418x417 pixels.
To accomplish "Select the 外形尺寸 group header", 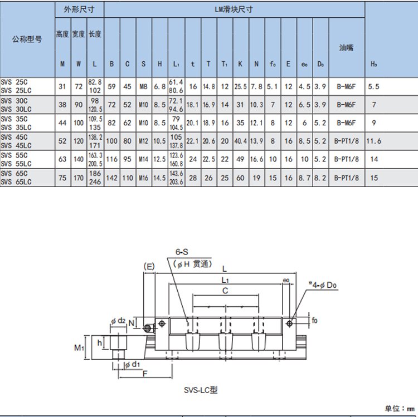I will [79, 9].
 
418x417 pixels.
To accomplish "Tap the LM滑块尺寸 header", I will [234, 9].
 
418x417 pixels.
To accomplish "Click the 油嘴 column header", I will [346, 48].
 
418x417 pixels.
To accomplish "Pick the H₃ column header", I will [373, 64].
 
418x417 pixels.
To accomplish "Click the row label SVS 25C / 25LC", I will [17, 86].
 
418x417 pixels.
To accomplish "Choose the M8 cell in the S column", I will [143, 86].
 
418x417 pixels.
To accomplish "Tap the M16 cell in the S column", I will [143, 178].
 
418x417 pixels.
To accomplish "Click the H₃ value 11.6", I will [373, 141].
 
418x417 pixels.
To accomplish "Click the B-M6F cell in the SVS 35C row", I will [346, 123].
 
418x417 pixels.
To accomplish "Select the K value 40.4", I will [241, 141].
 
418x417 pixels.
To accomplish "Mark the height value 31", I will [62, 86].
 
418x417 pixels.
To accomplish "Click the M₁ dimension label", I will [79, 348].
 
